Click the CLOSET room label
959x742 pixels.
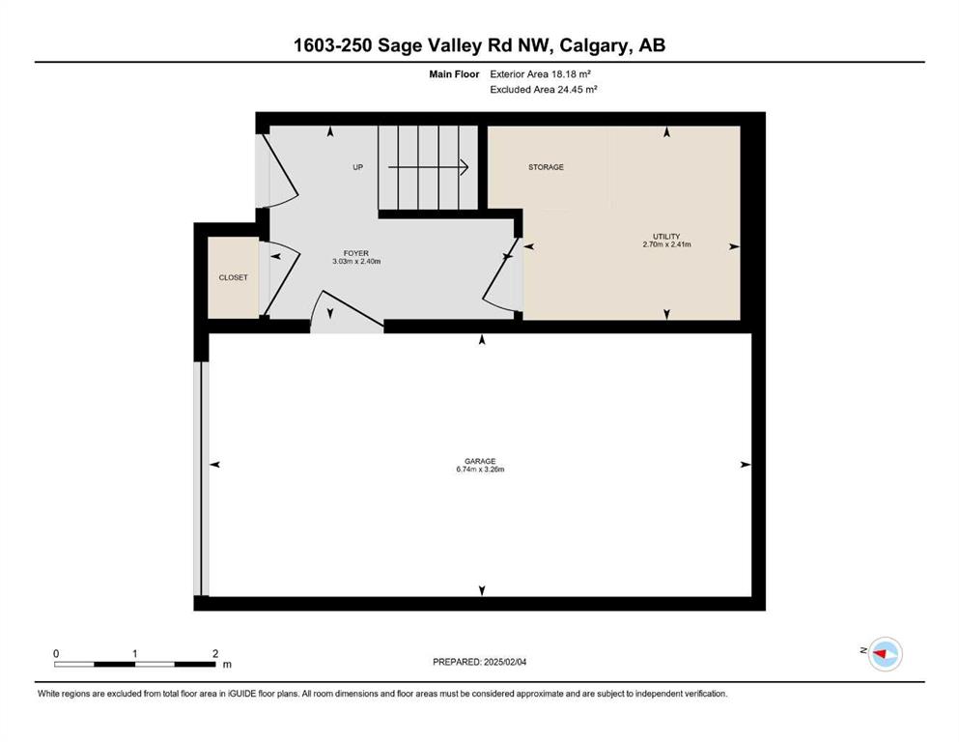[233, 277]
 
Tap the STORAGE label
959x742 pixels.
[547, 167]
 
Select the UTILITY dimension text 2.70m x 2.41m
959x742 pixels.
[666, 244]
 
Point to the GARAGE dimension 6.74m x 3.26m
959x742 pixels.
[480, 470]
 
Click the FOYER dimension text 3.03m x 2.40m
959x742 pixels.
[356, 262]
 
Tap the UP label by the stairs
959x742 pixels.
[357, 167]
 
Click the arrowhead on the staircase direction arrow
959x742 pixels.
[465, 167]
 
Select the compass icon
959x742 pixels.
[886, 654]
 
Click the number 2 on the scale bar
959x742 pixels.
[215, 654]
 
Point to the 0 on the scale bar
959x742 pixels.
[56, 654]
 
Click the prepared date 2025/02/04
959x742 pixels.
[504, 662]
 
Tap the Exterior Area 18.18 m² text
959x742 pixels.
[540, 74]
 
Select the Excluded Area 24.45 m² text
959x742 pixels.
[543, 89]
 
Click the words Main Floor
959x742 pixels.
[454, 74]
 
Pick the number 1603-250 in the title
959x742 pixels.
[333, 45]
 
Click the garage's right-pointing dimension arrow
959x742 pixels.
[746, 465]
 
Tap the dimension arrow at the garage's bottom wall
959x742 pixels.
[482, 590]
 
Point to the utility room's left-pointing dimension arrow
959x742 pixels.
[529, 246]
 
